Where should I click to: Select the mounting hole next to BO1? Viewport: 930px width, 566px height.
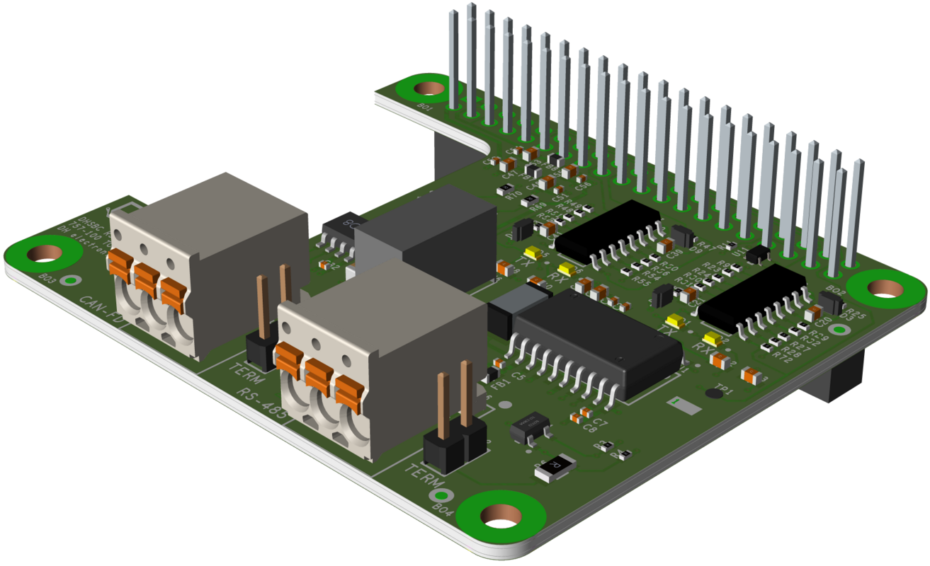pyautogui.click(x=427, y=88)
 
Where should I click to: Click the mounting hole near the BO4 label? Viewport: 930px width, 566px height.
pyautogui.click(x=501, y=516)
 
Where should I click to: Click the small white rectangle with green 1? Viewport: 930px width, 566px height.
pyautogui.click(x=684, y=405)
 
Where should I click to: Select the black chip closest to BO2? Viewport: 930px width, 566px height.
pyautogui.click(x=829, y=301)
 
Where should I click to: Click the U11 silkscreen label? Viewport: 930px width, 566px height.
pyautogui.click(x=742, y=252)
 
